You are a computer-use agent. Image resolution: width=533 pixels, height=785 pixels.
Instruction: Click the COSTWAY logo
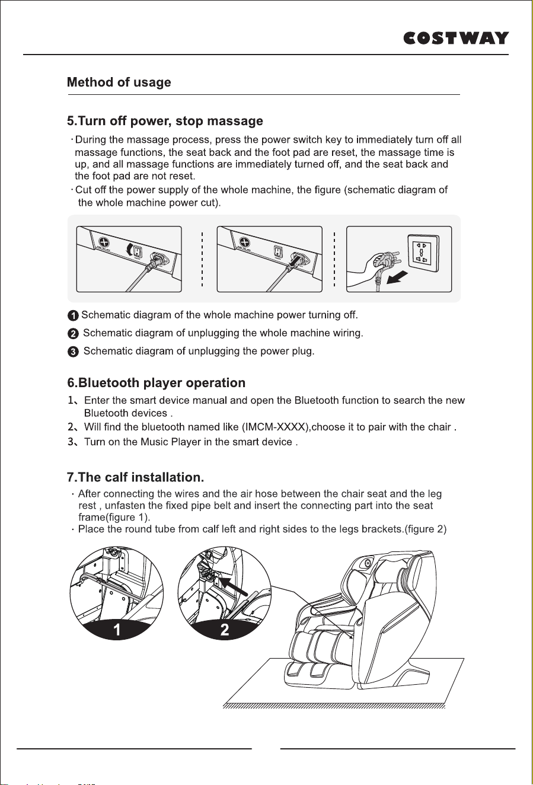(x=456, y=38)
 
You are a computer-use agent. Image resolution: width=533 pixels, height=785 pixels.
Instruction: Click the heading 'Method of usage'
(x=119, y=82)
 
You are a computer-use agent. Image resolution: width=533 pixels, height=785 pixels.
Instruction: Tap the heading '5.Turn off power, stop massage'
(x=165, y=121)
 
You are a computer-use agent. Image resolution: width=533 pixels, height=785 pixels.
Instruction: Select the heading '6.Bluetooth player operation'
(x=157, y=382)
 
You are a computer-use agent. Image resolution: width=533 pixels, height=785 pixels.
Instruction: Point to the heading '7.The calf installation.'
(x=136, y=477)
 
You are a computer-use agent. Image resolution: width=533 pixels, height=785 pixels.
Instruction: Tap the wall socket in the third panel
(x=423, y=253)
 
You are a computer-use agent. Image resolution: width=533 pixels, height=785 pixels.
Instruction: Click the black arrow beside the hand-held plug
(x=397, y=277)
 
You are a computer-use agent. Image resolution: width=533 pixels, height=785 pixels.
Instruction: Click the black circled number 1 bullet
(x=72, y=316)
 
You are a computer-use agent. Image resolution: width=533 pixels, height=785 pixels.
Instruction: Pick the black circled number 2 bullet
(x=72, y=334)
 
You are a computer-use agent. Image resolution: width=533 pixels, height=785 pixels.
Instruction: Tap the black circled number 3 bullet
(x=72, y=352)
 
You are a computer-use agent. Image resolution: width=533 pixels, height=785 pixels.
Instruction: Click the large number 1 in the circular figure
(x=117, y=630)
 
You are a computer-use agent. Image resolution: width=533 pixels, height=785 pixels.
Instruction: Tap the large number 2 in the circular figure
(x=225, y=630)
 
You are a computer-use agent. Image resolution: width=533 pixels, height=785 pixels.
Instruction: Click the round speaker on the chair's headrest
(x=367, y=564)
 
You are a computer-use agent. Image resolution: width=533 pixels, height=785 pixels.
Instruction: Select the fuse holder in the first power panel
(x=104, y=242)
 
